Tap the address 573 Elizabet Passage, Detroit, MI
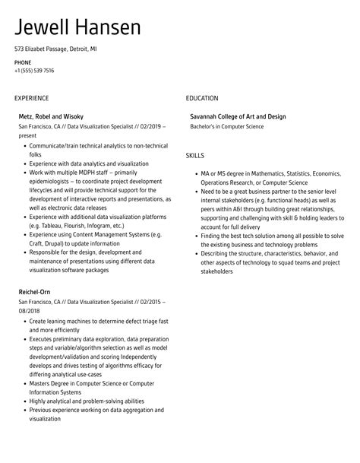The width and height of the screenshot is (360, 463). (55, 49)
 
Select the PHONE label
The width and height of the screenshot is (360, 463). (23, 62)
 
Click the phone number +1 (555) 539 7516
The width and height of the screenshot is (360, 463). (34, 71)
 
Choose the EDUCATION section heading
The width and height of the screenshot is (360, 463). (202, 98)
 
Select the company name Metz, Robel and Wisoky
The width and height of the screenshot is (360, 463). (51, 116)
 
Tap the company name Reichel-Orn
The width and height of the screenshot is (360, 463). (35, 292)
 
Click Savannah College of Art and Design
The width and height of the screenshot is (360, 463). (238, 116)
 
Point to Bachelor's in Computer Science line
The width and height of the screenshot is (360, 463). (227, 126)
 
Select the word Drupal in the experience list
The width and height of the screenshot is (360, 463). (58, 245)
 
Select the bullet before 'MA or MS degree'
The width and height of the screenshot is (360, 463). (194, 173)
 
